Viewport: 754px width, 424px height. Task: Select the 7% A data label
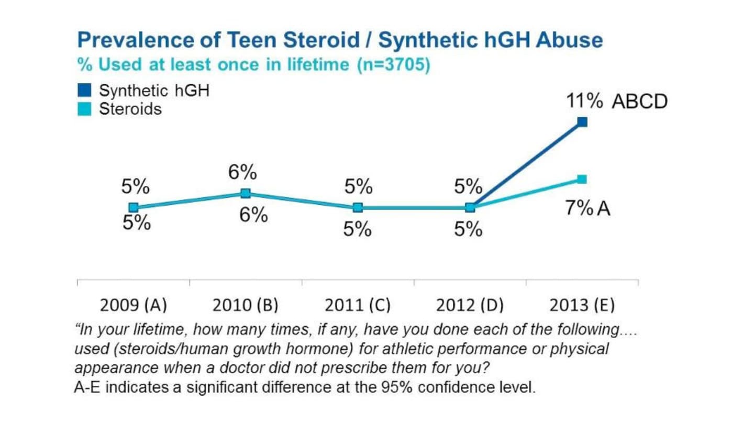tap(587, 208)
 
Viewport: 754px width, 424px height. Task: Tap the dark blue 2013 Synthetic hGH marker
tap(582, 122)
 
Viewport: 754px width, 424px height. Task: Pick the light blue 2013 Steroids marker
tap(582, 179)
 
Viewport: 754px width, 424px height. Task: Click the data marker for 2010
tap(245, 193)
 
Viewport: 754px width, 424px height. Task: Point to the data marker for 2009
tap(133, 207)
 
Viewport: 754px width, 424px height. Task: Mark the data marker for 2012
tap(470, 207)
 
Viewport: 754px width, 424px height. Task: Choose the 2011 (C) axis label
tap(358, 305)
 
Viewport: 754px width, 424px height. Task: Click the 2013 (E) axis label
tap(582, 305)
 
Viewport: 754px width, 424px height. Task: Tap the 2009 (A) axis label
tap(133, 305)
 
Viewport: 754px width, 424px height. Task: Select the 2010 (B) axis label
tap(245, 305)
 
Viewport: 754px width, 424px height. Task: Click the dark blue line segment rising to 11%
tap(526, 165)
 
